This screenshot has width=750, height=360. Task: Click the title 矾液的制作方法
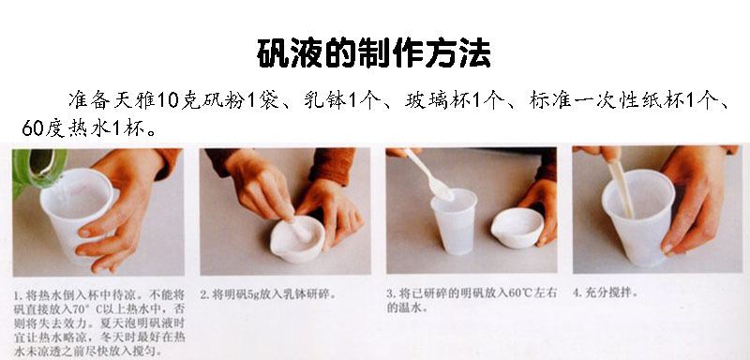pyautogui.click(x=374, y=53)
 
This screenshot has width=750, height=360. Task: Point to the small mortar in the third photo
pyautogui.click(x=517, y=227)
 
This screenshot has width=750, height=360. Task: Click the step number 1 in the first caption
pyautogui.click(x=16, y=292)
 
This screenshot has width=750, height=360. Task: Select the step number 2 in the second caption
pyautogui.click(x=203, y=292)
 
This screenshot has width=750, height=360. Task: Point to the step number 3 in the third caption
pyautogui.click(x=390, y=292)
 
